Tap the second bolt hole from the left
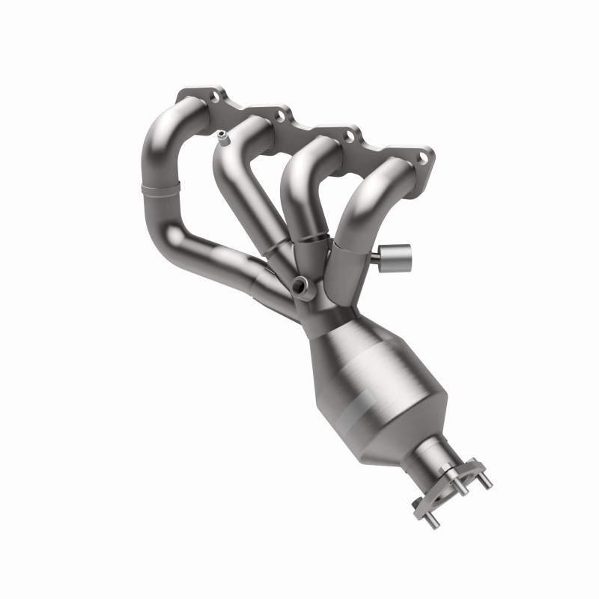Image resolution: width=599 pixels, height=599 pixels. [x=280, y=116]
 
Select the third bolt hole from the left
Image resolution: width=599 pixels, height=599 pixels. [x=349, y=136]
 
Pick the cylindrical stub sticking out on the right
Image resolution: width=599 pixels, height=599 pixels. [x=396, y=255]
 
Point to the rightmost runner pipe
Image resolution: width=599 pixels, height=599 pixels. [x=367, y=202]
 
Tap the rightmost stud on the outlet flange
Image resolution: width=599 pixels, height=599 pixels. [x=487, y=483]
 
